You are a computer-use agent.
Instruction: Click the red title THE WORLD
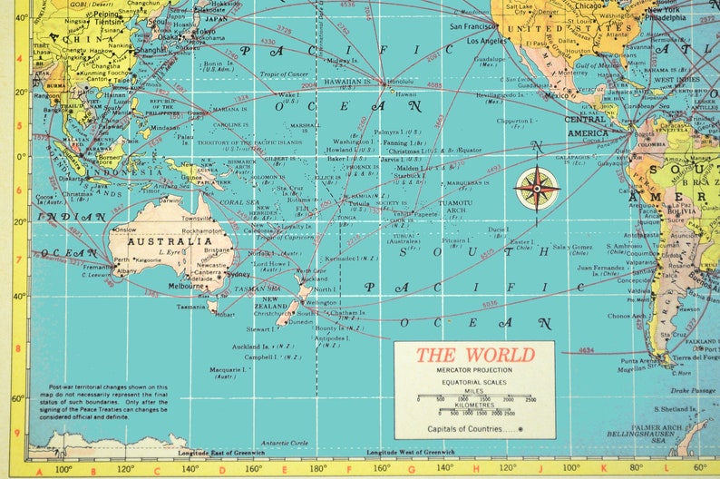coord(475,355)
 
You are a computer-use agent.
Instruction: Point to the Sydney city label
coord(238,274)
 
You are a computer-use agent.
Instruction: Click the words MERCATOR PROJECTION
coord(474,371)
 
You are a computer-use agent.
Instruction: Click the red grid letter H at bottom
coord(476,470)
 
